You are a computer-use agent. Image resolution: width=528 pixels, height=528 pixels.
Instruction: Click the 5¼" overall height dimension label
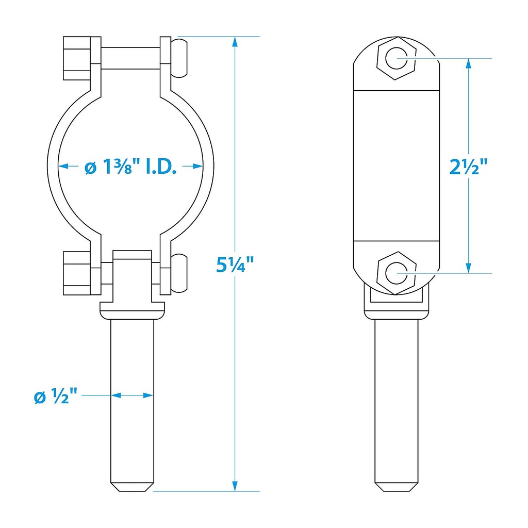[x=235, y=265]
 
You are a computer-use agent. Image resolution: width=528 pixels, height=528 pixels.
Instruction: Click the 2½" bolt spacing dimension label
[x=468, y=167]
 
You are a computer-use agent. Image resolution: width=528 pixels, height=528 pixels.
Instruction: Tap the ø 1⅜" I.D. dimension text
[x=130, y=166]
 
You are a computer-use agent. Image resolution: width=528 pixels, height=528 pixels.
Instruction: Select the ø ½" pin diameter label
[x=56, y=395]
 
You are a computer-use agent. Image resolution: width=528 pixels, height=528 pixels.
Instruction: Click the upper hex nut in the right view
[x=397, y=58]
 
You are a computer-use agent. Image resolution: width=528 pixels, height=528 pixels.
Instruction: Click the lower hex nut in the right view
[x=397, y=273]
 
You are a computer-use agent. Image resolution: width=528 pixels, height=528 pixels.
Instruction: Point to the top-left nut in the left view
[x=77, y=58]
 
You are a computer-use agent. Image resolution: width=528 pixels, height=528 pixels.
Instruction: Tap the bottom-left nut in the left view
[x=77, y=273]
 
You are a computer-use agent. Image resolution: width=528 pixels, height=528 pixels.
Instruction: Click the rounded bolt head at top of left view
[x=179, y=58]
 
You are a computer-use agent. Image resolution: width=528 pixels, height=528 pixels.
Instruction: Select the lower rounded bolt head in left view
[x=179, y=273]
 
